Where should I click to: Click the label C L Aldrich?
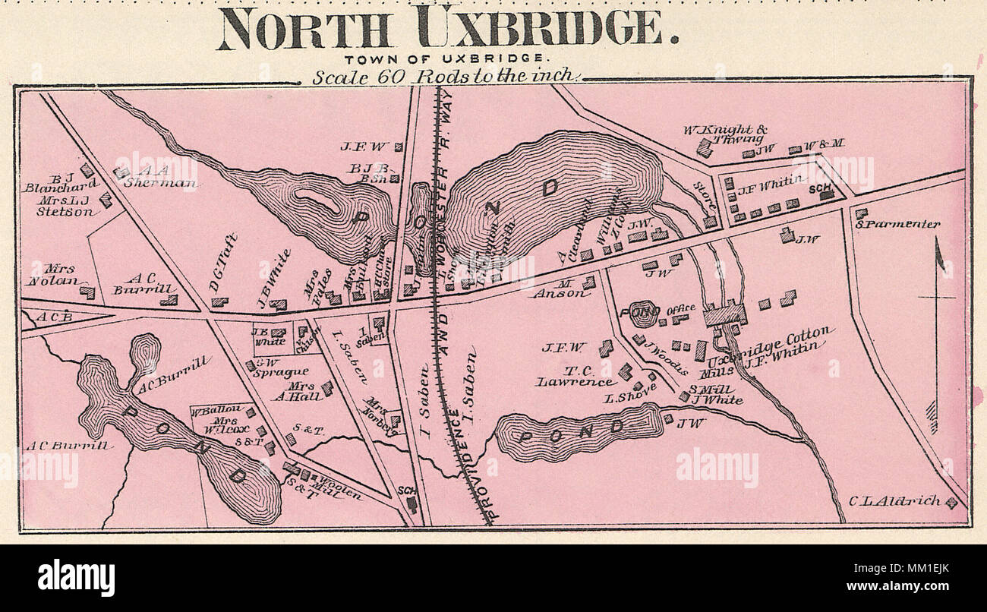894,500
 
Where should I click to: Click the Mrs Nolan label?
53,275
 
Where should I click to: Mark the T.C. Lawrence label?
575,376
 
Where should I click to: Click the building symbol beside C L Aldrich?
951,502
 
